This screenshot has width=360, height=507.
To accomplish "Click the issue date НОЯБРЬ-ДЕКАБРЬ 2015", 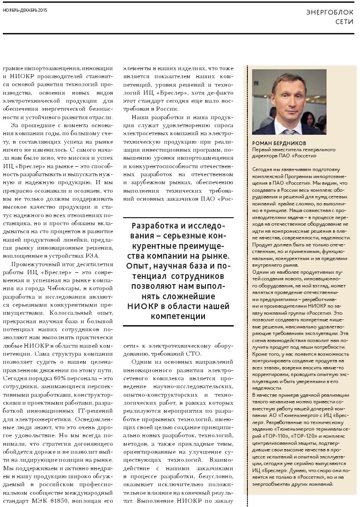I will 25,9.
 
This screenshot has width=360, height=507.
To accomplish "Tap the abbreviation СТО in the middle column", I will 193,354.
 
